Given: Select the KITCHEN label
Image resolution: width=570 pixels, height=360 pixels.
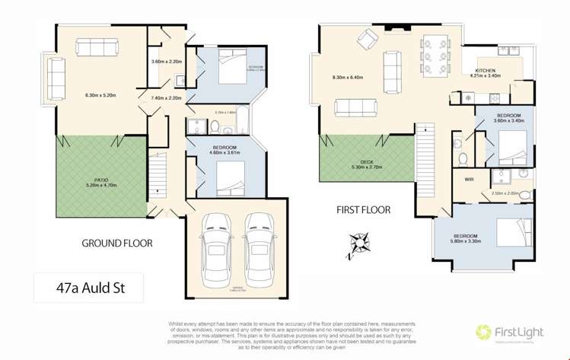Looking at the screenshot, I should [x=486, y=70].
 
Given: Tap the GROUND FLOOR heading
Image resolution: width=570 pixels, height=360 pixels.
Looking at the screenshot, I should [x=117, y=244].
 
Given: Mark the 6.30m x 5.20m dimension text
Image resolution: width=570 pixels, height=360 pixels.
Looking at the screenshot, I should [x=102, y=96].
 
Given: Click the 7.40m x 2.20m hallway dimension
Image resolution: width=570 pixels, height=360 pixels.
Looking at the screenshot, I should [x=166, y=98].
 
